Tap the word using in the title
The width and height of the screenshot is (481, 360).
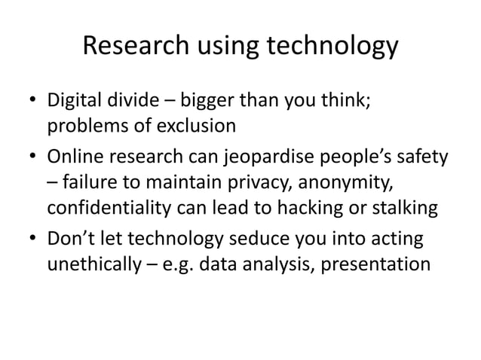224,47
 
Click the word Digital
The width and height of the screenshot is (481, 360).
75,100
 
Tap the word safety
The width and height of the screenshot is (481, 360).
423,158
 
